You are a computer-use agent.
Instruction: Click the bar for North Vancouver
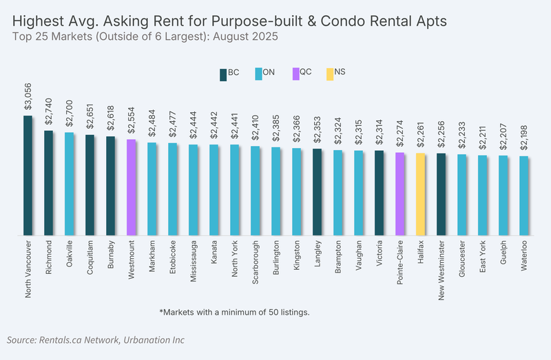coord(28,176)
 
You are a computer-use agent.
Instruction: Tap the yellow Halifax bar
coord(420,194)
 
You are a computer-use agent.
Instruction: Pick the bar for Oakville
coord(69,184)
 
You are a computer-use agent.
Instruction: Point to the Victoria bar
coord(379,193)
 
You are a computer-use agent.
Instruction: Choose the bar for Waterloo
coord(524,195)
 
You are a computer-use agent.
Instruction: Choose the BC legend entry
coord(229,72)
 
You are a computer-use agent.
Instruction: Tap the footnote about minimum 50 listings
coord(234,313)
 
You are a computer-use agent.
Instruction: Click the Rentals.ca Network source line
coord(96,340)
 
